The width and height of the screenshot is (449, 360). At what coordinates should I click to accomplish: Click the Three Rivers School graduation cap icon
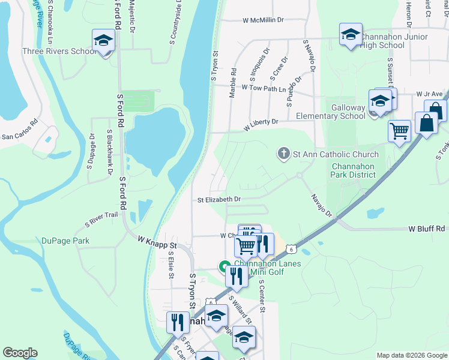[x=103, y=41]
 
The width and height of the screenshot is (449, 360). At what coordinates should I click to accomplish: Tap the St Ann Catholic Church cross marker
[x=283, y=154]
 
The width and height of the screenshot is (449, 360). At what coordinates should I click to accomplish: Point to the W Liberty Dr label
[x=261, y=125]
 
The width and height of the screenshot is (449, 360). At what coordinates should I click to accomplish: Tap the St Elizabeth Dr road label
[x=219, y=199]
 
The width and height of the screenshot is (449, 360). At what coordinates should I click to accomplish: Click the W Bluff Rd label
[x=426, y=229]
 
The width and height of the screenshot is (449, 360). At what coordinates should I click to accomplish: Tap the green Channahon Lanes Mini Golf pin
[x=224, y=266]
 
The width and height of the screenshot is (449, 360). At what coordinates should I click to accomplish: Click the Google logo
[x=20, y=353]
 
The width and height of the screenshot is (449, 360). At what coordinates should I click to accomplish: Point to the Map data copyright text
[x=411, y=355]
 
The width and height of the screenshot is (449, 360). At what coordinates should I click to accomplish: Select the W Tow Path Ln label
[x=265, y=88]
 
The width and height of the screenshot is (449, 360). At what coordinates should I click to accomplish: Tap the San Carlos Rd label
[x=19, y=137]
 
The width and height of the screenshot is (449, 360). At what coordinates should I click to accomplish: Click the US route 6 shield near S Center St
[x=291, y=248]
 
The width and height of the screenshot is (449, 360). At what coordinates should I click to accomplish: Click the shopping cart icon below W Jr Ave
[x=399, y=130]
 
